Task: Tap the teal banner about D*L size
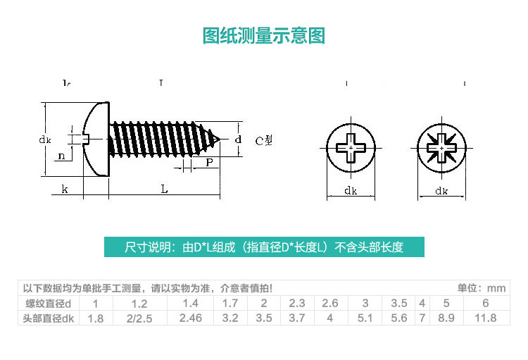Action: coord(264,247)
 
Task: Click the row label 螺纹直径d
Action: coord(49,304)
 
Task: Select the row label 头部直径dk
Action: coord(49,318)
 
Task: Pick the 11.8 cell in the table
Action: coord(485,318)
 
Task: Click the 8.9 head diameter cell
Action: coord(446,318)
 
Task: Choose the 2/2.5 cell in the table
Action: coord(139,318)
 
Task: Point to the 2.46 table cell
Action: coord(190,318)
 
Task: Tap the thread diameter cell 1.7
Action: coord(230,304)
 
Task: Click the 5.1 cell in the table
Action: coord(365,318)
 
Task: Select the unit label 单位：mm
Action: coord(482,288)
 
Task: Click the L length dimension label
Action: coord(164,189)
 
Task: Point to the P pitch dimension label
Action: coord(209,163)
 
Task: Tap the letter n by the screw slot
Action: coord(61,156)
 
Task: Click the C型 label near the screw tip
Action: coord(263,140)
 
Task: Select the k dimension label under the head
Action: coord(64,189)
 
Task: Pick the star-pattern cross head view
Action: coord(441,149)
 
